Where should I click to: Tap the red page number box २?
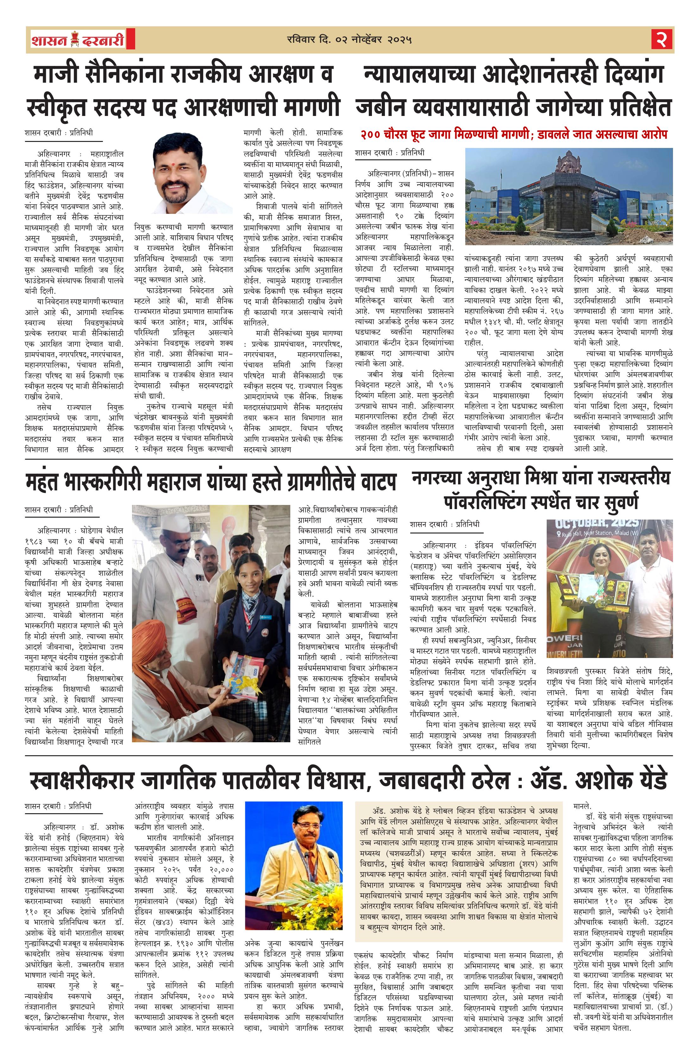662,40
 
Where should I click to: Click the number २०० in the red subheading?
373,134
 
